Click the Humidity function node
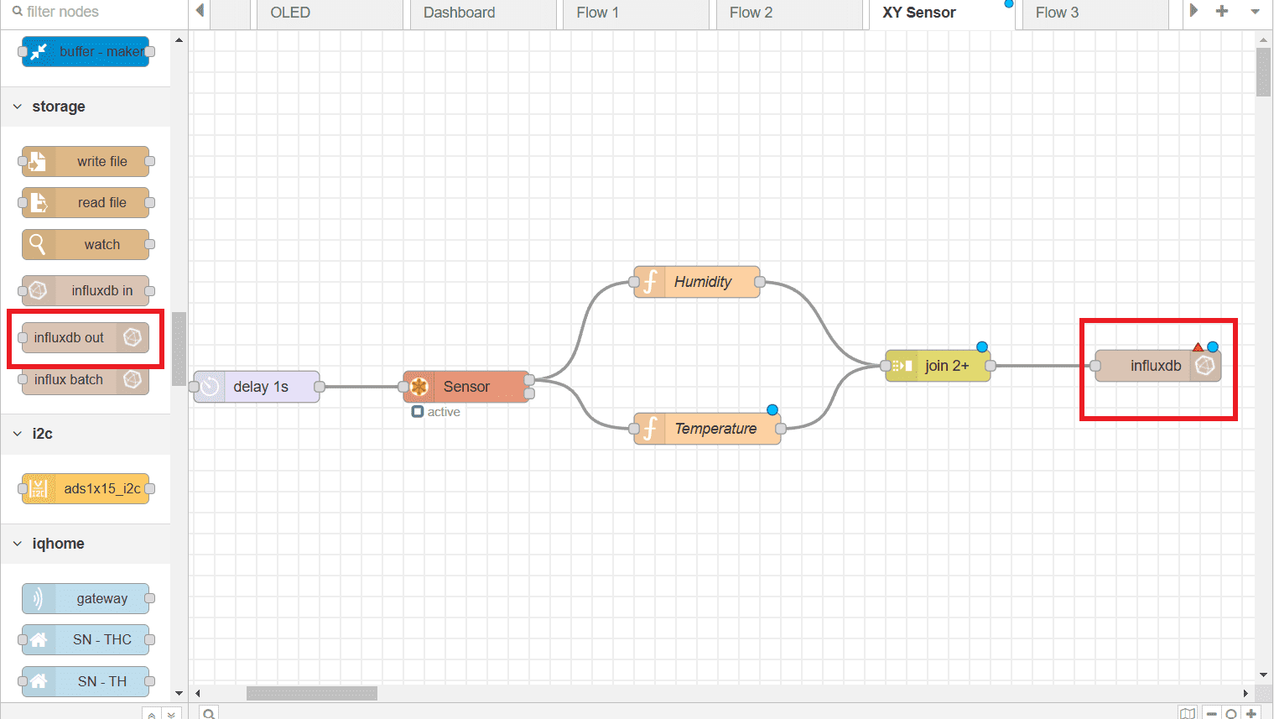coord(701,282)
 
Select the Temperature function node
coord(713,429)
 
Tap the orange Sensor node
coord(465,387)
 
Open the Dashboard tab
coord(459,13)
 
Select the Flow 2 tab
coord(751,13)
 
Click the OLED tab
coord(290,13)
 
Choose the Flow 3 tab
coord(1057,13)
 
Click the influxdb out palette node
coord(84,337)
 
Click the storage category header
coord(58,107)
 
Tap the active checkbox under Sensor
coord(418,412)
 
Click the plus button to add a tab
coord(1222,11)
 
